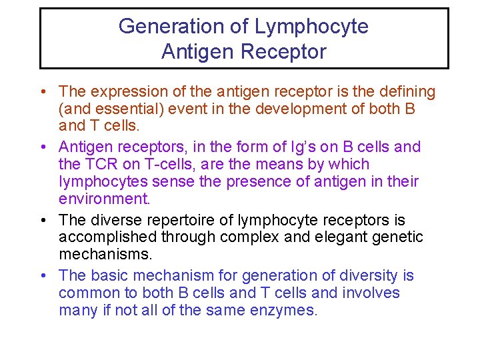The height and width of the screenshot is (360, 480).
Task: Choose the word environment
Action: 103,199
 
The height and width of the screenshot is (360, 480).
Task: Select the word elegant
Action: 324,237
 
